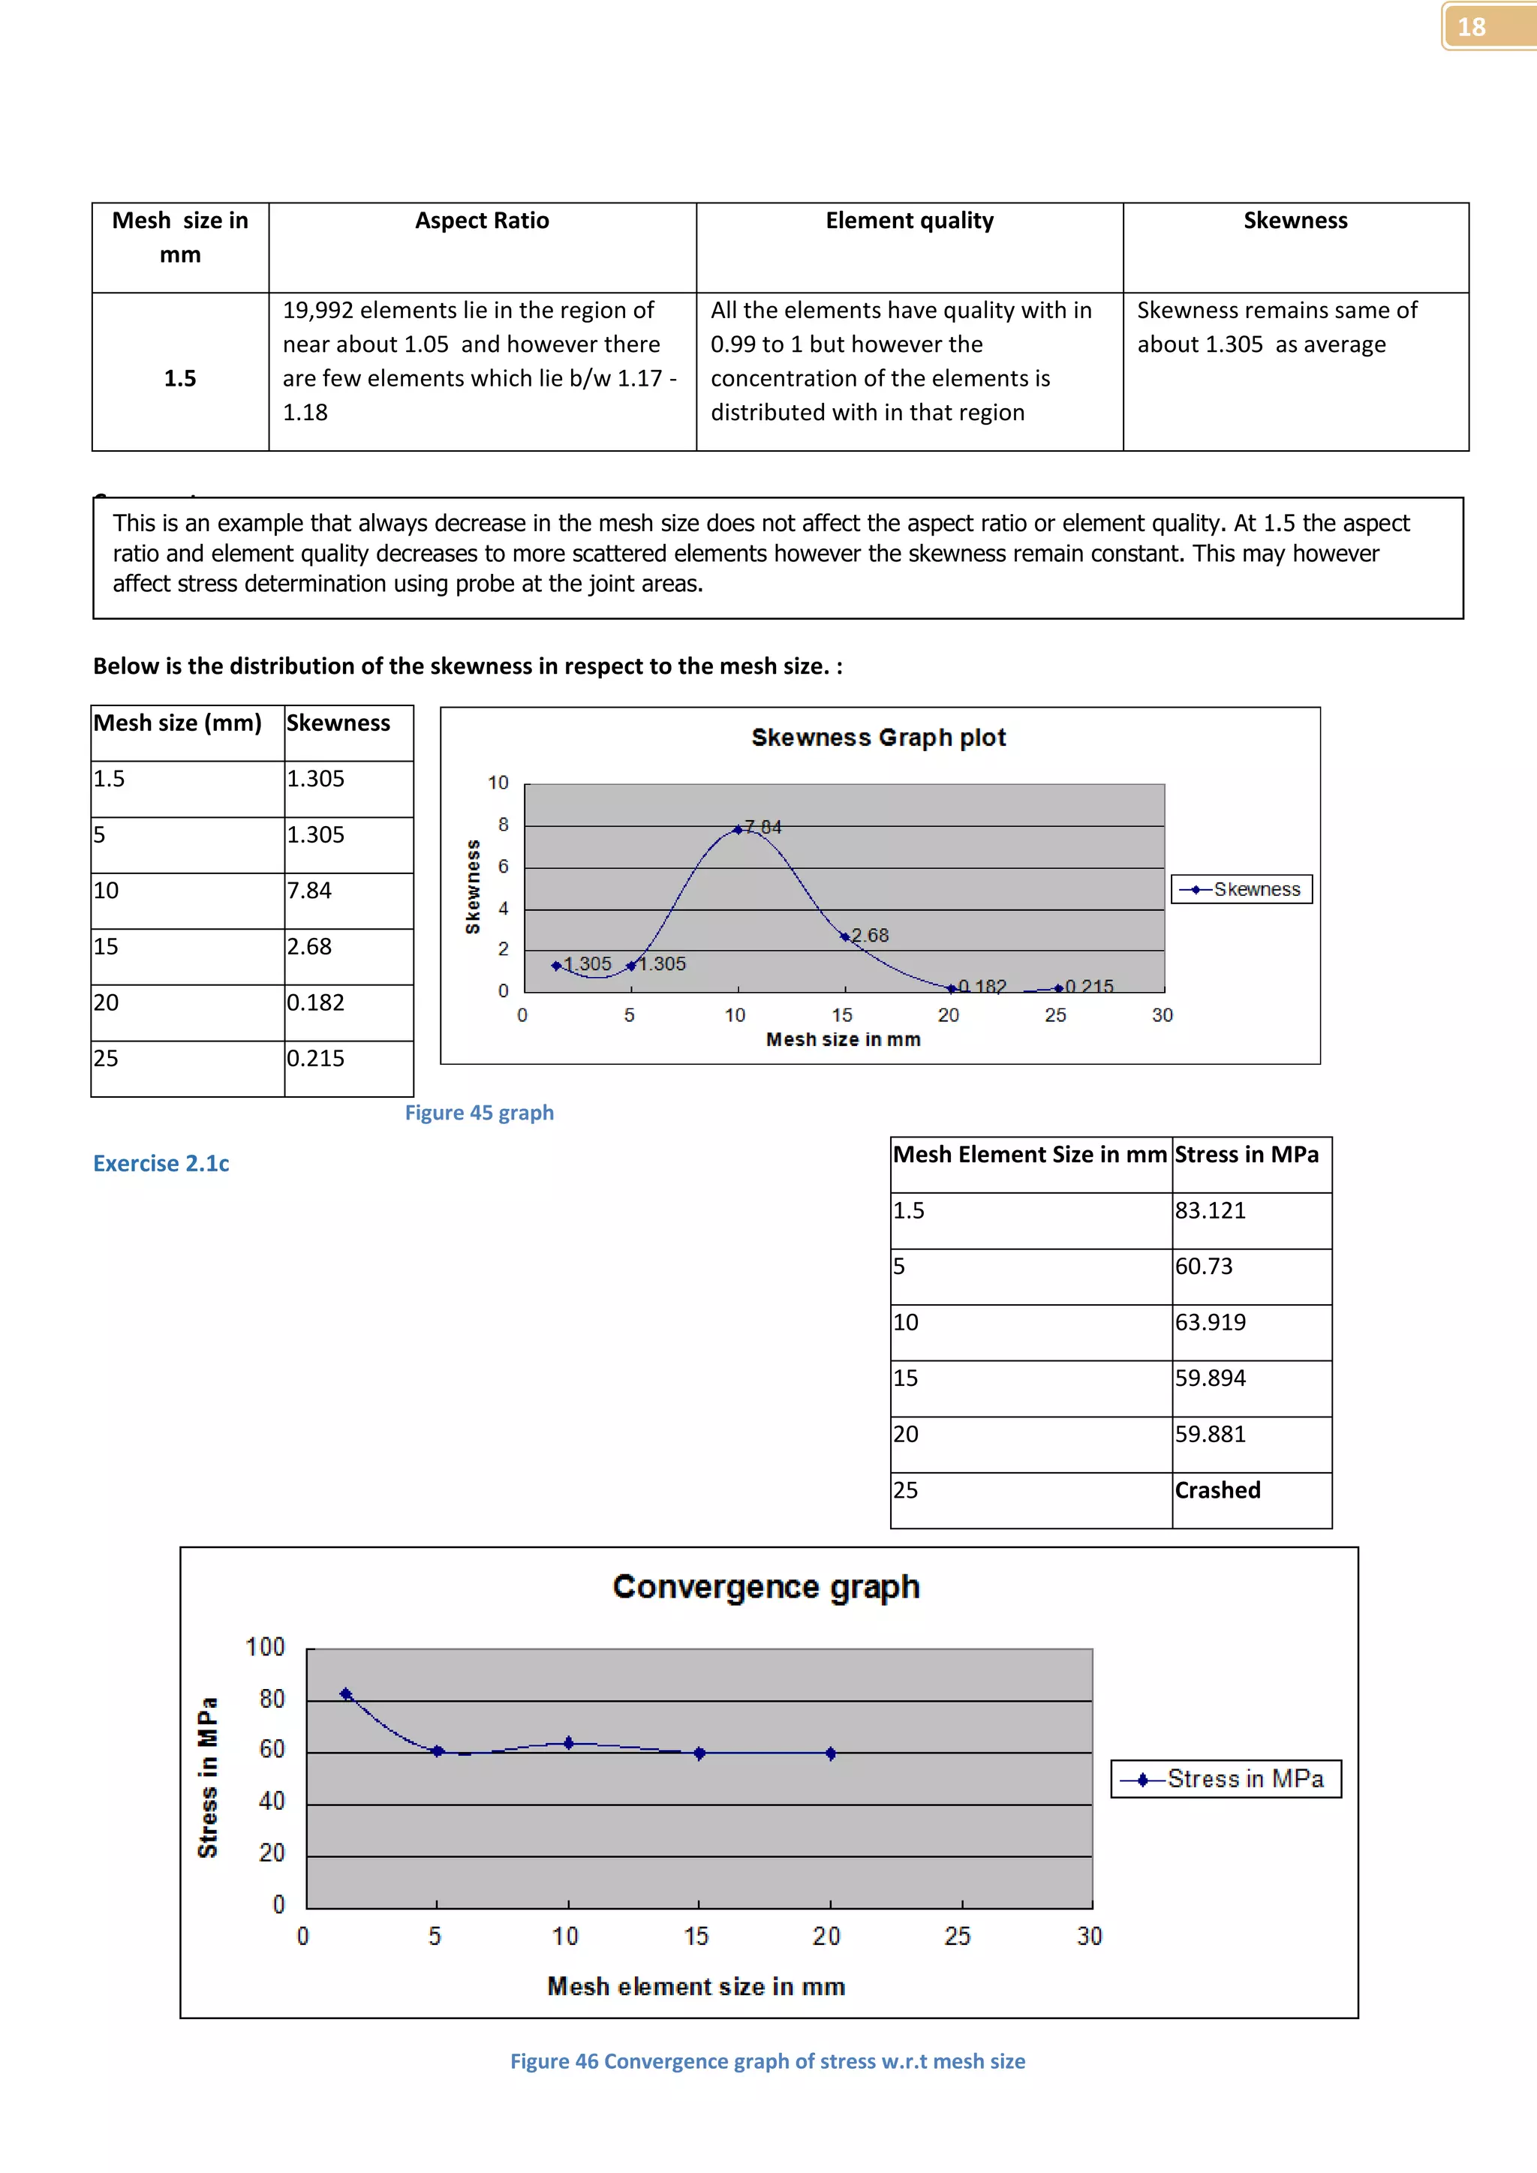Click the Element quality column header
click(909, 221)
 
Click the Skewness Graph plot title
click(878, 738)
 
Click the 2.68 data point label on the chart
click(870, 935)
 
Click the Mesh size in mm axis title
click(842, 1039)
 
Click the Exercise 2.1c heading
click(161, 1163)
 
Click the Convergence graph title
click(765, 1586)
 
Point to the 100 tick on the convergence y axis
click(265, 1647)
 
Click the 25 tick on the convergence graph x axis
click(957, 1937)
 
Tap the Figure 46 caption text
click(768, 2061)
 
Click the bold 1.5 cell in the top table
click(180, 379)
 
